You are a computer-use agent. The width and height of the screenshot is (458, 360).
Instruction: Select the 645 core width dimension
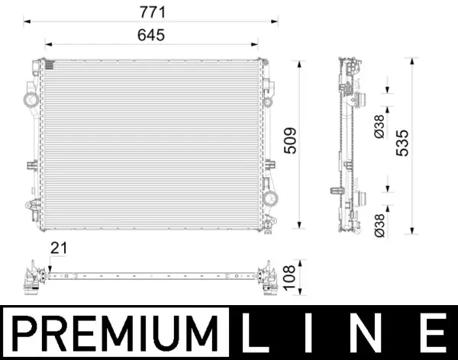point(152,35)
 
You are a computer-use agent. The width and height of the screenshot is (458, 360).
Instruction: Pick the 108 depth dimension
point(289,276)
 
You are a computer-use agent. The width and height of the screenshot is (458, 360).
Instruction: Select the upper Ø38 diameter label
point(380,124)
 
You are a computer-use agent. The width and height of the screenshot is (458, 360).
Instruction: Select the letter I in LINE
point(316,333)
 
